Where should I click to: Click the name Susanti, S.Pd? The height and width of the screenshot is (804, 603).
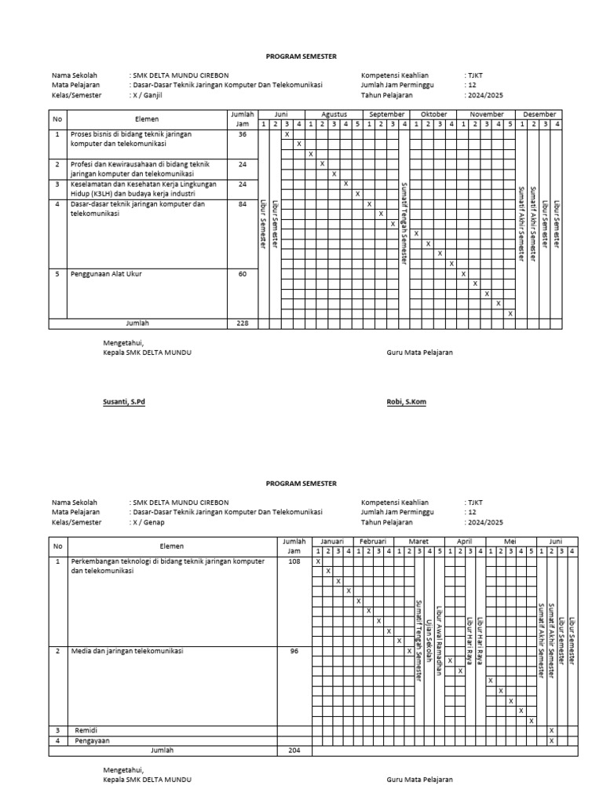[124, 401]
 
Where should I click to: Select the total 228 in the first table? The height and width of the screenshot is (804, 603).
[242, 323]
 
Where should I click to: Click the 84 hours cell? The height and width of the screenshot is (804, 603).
[242, 204]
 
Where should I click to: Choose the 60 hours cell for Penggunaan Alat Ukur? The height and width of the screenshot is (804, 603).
[242, 274]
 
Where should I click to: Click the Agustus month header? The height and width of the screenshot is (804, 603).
[334, 114]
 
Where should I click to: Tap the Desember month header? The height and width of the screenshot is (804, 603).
[539, 114]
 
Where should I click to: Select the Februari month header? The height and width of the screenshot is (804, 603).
[372, 542]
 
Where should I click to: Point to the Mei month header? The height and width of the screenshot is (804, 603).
[510, 542]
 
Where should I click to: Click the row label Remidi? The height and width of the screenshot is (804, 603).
[86, 730]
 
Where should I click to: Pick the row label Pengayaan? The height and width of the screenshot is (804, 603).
[92, 740]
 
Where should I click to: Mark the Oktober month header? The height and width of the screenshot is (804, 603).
[433, 114]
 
